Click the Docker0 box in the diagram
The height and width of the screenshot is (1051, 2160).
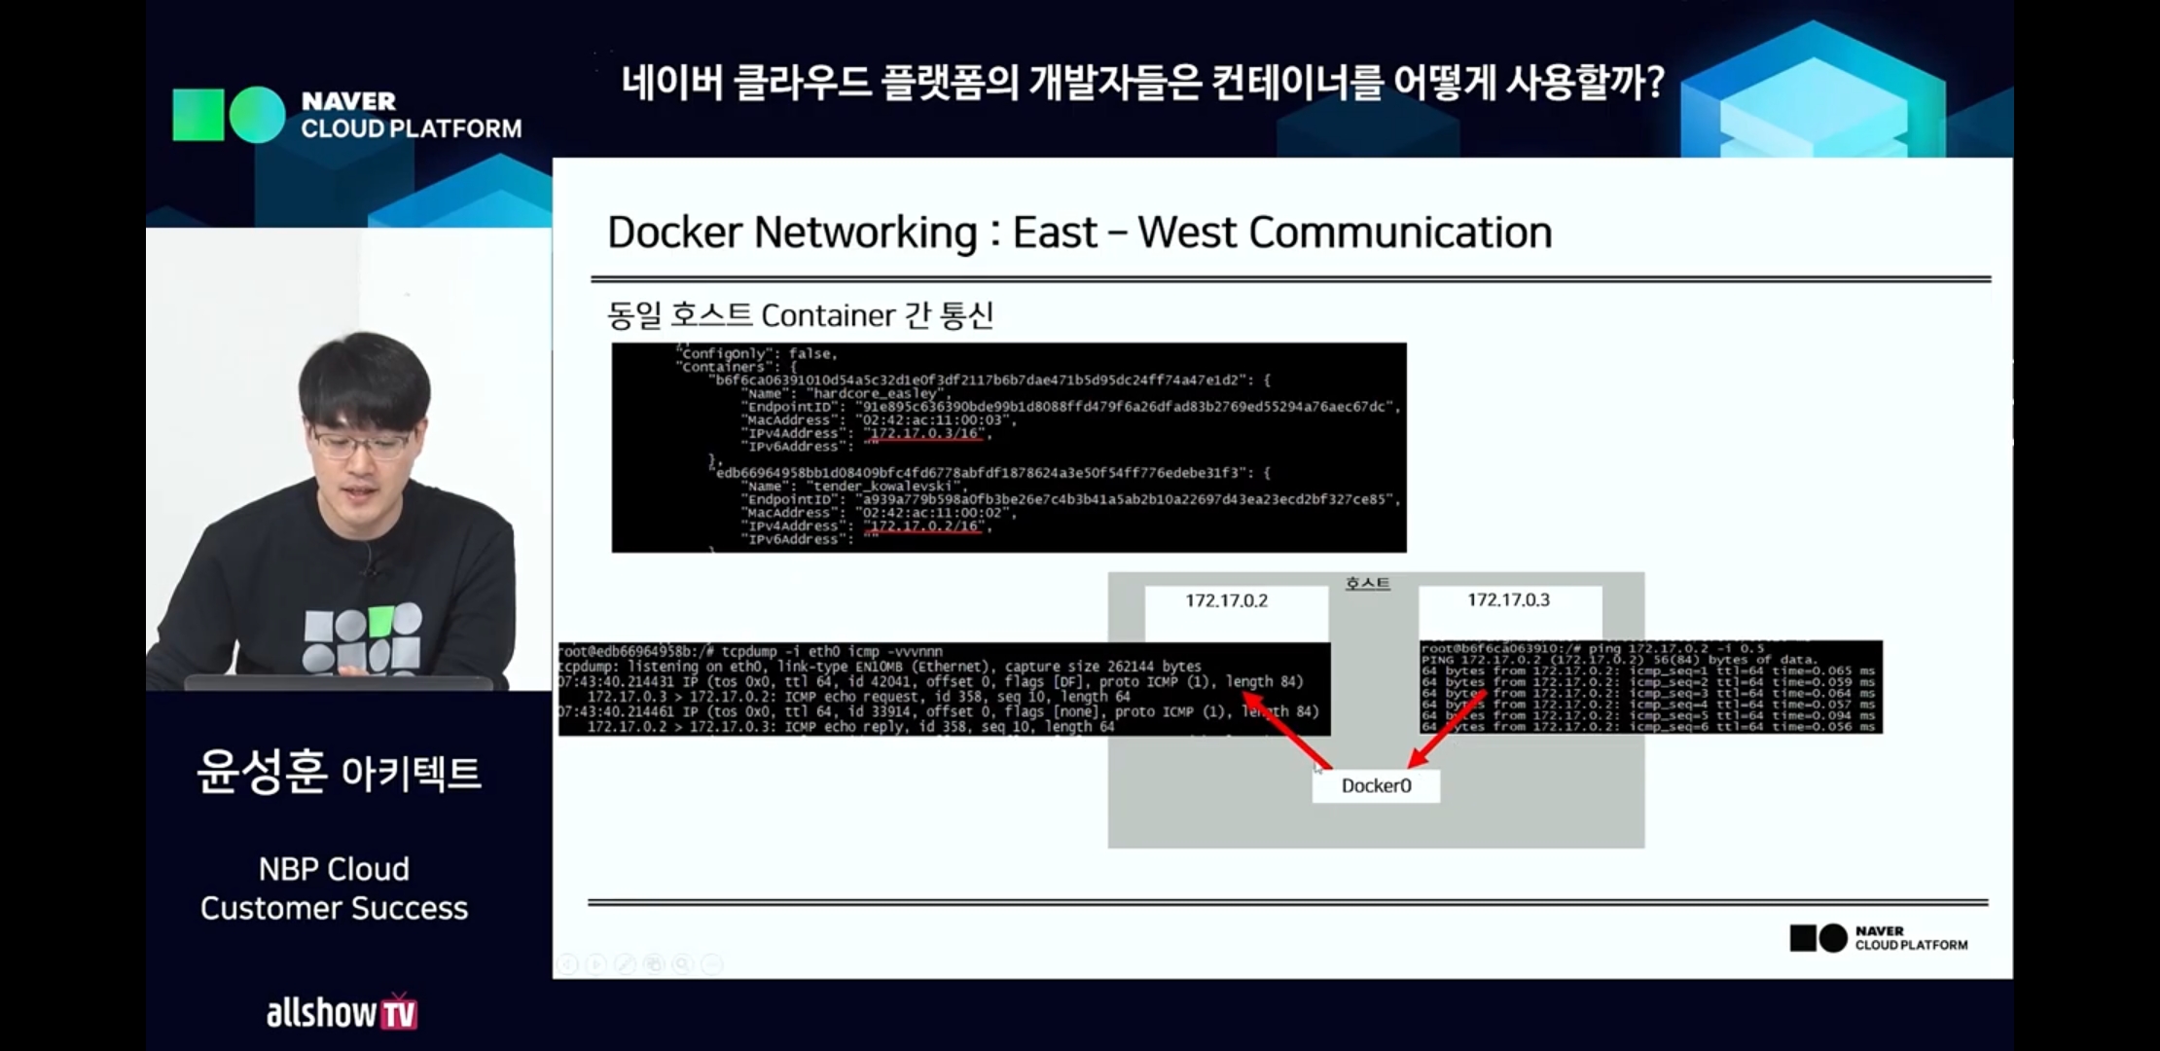1376,785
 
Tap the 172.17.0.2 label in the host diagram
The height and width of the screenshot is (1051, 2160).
1226,600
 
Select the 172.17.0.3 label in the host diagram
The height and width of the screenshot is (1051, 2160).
1508,599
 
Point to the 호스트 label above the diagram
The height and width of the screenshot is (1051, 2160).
1367,583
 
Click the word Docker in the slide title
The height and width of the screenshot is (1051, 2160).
674,233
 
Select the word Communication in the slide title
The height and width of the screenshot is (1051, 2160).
1399,233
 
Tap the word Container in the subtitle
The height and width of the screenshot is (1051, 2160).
827,315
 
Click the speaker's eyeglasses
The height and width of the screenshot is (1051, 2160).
361,446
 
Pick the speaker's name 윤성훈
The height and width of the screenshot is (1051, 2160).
261,772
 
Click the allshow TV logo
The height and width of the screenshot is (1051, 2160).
342,1013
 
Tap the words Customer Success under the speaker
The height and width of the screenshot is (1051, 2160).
334,908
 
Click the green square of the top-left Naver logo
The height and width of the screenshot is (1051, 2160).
198,115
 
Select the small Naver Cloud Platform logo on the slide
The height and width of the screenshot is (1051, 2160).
1878,938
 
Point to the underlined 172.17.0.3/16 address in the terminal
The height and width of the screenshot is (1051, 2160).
924,433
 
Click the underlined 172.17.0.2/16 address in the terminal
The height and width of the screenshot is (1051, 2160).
924,526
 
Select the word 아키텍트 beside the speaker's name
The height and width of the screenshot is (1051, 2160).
411,774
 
